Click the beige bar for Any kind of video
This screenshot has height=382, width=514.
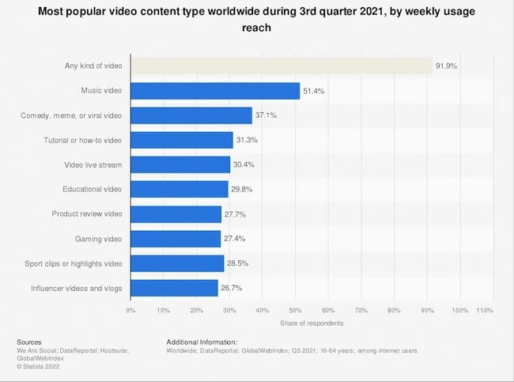click(x=281, y=66)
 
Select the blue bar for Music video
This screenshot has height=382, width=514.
click(x=214, y=92)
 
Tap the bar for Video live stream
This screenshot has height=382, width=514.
click(x=180, y=165)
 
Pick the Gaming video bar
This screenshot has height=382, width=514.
click(x=175, y=238)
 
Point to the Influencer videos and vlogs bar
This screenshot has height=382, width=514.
click(x=174, y=287)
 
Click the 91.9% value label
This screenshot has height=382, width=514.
click(x=445, y=66)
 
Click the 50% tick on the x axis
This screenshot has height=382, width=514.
click(x=295, y=310)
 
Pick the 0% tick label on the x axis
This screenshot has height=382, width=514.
click(x=130, y=310)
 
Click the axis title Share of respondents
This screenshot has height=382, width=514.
click(x=312, y=323)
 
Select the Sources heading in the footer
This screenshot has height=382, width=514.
click(x=29, y=342)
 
